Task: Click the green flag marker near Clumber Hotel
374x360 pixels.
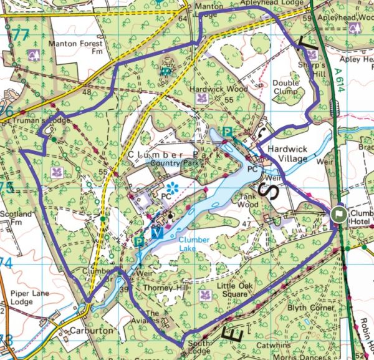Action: coord(338,213)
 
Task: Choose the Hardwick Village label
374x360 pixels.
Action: coord(288,154)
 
